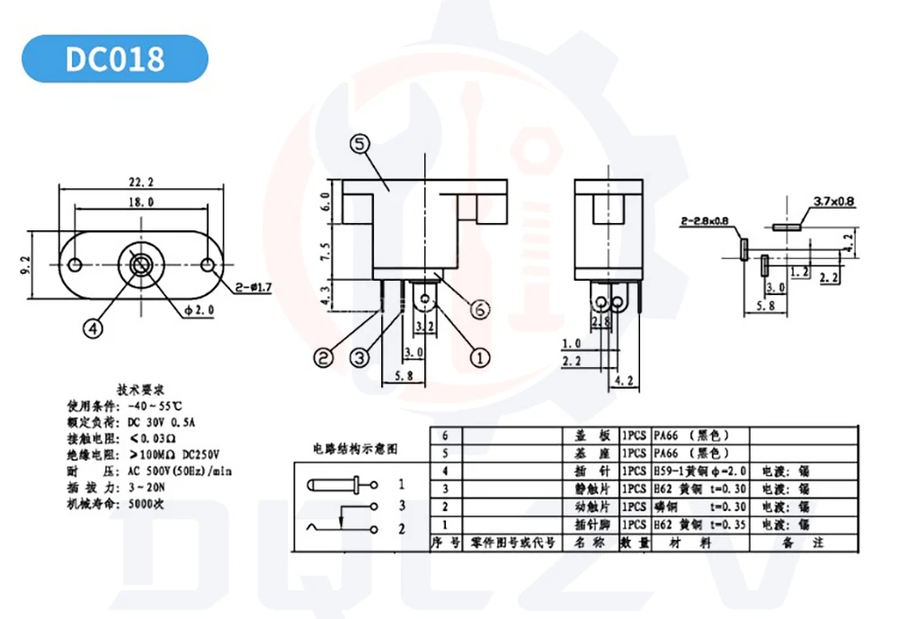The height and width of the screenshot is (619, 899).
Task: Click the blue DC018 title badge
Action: [114, 58]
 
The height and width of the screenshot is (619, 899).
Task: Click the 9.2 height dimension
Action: [26, 265]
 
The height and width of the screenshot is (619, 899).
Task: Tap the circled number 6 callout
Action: [479, 309]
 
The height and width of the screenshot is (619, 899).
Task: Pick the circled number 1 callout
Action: [481, 356]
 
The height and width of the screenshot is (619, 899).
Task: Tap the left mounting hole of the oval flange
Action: [76, 265]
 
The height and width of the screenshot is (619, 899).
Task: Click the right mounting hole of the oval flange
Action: [208, 265]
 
